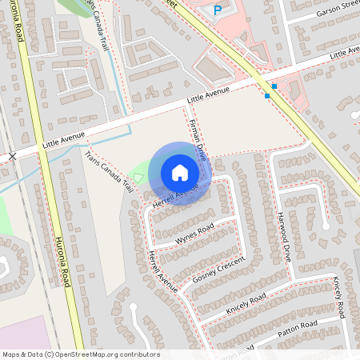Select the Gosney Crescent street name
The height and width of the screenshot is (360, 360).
218,271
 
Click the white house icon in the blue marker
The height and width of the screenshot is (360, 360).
179,173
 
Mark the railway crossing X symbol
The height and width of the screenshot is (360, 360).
12,156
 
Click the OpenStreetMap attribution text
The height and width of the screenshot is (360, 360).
81,354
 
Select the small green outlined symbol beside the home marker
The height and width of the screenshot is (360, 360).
138,178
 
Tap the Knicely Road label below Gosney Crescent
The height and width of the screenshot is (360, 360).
246,302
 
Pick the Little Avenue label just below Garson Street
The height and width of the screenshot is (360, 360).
344,52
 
